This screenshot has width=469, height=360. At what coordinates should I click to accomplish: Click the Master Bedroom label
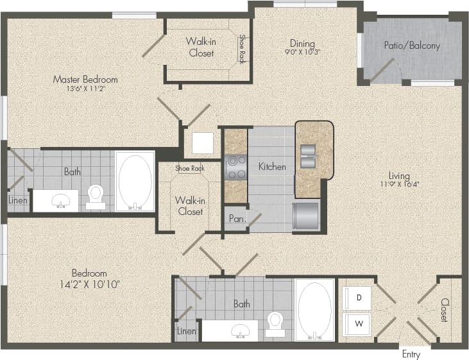tap(85, 80)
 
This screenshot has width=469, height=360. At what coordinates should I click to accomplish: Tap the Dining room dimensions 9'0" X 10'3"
tap(302, 52)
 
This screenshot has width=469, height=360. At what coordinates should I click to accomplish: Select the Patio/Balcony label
tap(420, 46)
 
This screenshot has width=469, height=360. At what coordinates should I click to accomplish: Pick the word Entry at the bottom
tap(411, 354)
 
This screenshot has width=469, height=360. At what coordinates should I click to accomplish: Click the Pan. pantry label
tap(235, 218)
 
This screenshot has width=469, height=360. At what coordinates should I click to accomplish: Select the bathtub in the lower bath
tap(315, 309)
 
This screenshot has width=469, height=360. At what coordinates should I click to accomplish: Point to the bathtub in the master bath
tap(135, 180)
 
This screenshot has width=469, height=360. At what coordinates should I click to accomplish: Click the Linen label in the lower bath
tap(186, 331)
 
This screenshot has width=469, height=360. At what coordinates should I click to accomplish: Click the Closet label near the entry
tap(444, 310)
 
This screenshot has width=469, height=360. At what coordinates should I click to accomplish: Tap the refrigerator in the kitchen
tap(307, 214)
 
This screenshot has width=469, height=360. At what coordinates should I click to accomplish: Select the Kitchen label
tap(272, 167)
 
